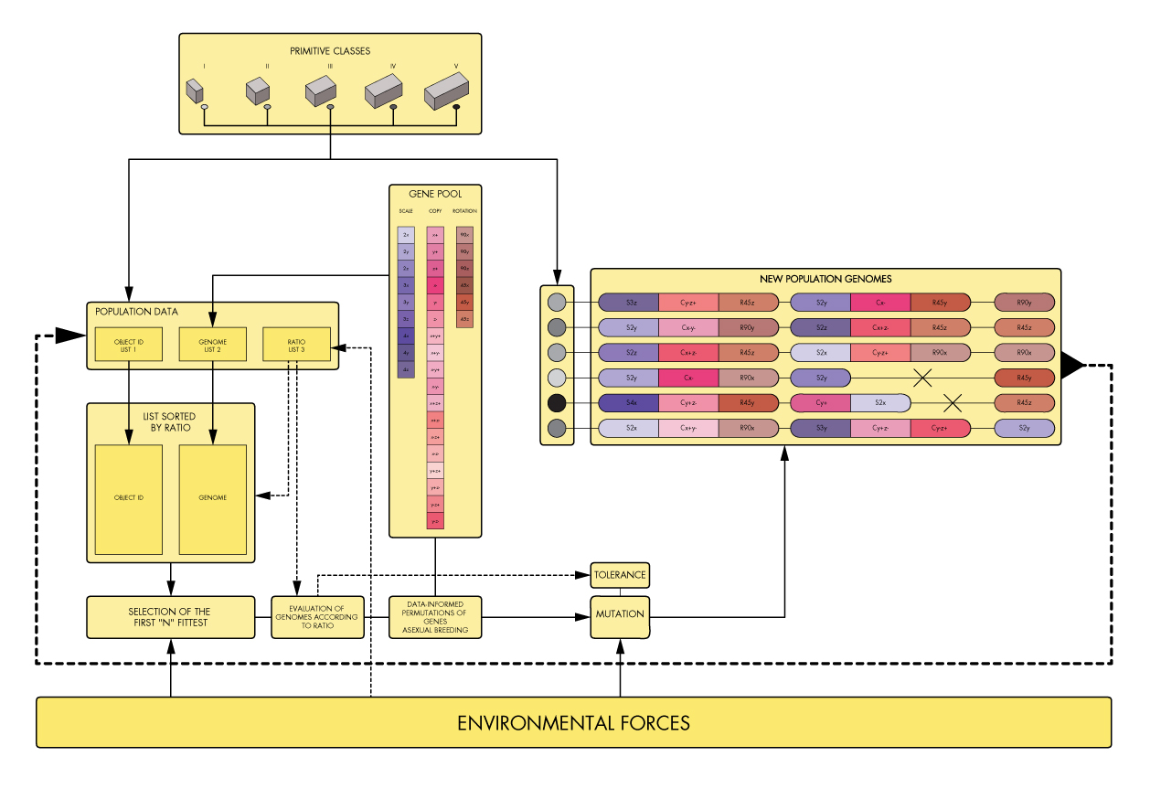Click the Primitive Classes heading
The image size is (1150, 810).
330,51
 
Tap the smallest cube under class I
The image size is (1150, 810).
194,91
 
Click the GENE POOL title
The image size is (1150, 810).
434,194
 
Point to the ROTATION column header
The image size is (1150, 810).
464,211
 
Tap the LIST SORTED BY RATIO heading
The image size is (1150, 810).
170,421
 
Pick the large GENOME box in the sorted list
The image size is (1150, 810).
212,498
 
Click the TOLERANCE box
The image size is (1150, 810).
620,575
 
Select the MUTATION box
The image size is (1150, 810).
620,614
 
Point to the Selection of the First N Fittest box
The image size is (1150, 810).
170,617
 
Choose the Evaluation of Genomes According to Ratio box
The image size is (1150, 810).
317,617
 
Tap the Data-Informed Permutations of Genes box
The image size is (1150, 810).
435,617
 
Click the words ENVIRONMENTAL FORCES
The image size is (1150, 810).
573,723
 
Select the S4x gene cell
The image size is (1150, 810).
632,403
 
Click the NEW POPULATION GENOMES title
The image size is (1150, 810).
825,279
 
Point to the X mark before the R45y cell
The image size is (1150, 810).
922,378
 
